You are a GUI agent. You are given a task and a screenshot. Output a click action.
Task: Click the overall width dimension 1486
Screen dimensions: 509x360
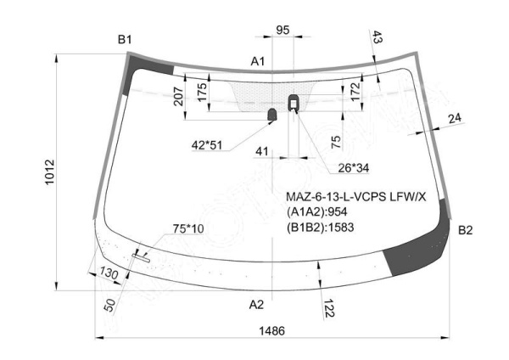point(271,331)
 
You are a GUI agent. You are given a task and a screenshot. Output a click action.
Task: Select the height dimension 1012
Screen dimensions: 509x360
point(50,172)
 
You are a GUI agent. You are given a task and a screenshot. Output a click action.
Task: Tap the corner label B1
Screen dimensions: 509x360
point(125,40)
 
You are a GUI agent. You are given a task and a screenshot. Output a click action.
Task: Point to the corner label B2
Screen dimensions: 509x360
point(465,230)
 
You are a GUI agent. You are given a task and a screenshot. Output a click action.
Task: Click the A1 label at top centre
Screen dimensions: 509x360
point(258,61)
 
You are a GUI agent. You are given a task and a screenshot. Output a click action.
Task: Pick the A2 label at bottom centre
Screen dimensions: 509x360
point(256,305)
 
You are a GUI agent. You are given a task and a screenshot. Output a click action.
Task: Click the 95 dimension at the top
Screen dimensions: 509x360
point(282,31)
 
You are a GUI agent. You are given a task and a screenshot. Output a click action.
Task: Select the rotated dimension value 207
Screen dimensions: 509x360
point(178,96)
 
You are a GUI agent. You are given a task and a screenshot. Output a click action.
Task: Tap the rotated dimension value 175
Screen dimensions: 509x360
point(202,93)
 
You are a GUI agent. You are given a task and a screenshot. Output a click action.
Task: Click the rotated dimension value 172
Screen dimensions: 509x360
point(355,92)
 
